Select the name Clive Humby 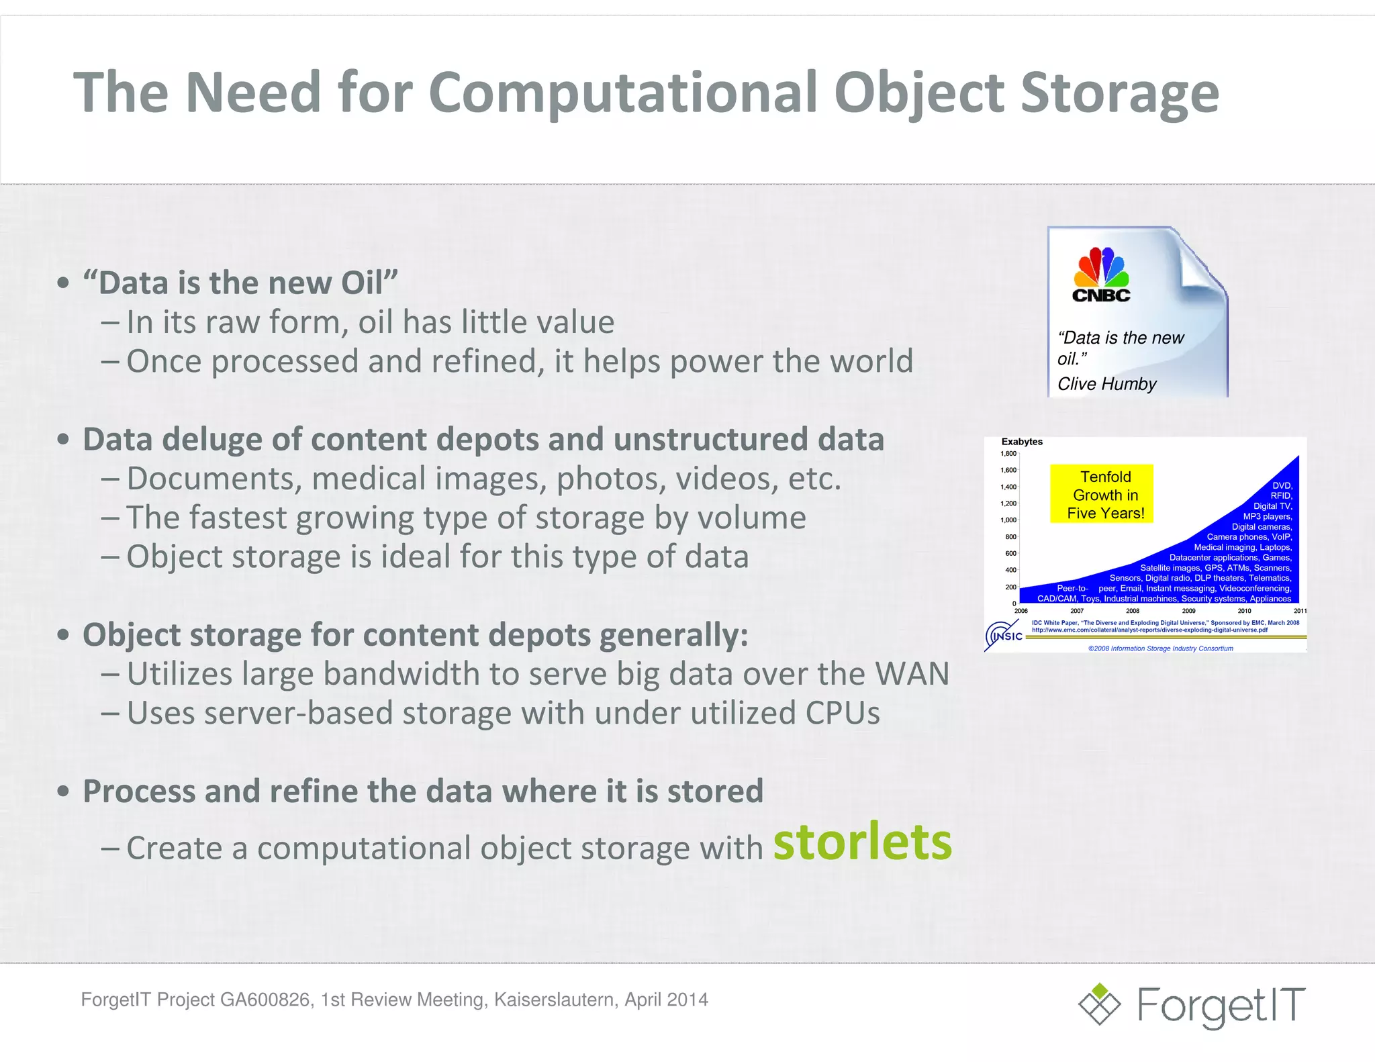pyautogui.click(x=1106, y=384)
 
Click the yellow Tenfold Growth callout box pyautogui.click(x=1101, y=494)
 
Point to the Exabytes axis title pyautogui.click(x=1022, y=442)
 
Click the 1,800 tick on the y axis pyautogui.click(x=1008, y=454)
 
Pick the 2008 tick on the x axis pyautogui.click(x=1133, y=611)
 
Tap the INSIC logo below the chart pyautogui.click(x=1004, y=635)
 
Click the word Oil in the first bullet pyautogui.click(x=362, y=283)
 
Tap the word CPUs pyautogui.click(x=843, y=713)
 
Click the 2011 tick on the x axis pyautogui.click(x=1300, y=611)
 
